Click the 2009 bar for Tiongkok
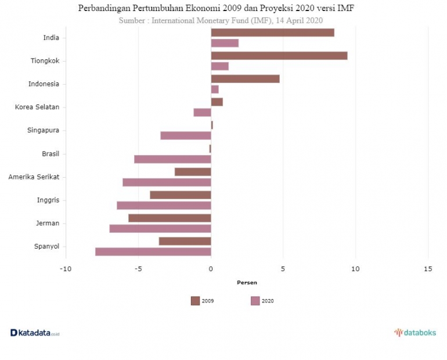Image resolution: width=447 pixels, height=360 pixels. [279, 56]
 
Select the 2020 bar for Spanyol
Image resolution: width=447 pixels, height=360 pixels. [153, 251]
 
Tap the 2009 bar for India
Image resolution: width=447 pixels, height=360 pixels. [272, 33]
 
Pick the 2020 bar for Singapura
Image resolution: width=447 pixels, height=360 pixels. [185, 135]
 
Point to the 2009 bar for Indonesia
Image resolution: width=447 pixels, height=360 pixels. [245, 78]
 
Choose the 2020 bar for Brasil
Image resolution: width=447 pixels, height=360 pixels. [172, 159]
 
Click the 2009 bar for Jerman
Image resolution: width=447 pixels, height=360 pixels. [170, 218]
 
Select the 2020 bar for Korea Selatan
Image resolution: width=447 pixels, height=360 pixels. [202, 112]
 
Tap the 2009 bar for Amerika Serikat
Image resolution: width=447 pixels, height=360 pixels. [193, 171]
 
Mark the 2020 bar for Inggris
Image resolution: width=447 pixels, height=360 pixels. [164, 205]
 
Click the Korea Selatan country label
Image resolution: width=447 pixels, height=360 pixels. [37, 107]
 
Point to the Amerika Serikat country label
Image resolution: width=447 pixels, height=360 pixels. [34, 177]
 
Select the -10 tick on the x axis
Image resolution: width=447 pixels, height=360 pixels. [66, 268]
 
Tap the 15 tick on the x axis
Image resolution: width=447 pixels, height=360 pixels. [428, 268]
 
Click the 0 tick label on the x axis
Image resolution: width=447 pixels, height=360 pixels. [211, 268]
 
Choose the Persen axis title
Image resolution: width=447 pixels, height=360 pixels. [247, 283]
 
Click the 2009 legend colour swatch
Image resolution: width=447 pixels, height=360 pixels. [195, 301]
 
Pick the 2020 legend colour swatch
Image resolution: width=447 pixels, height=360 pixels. [255, 301]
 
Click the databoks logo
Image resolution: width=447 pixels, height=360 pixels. [414, 333]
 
